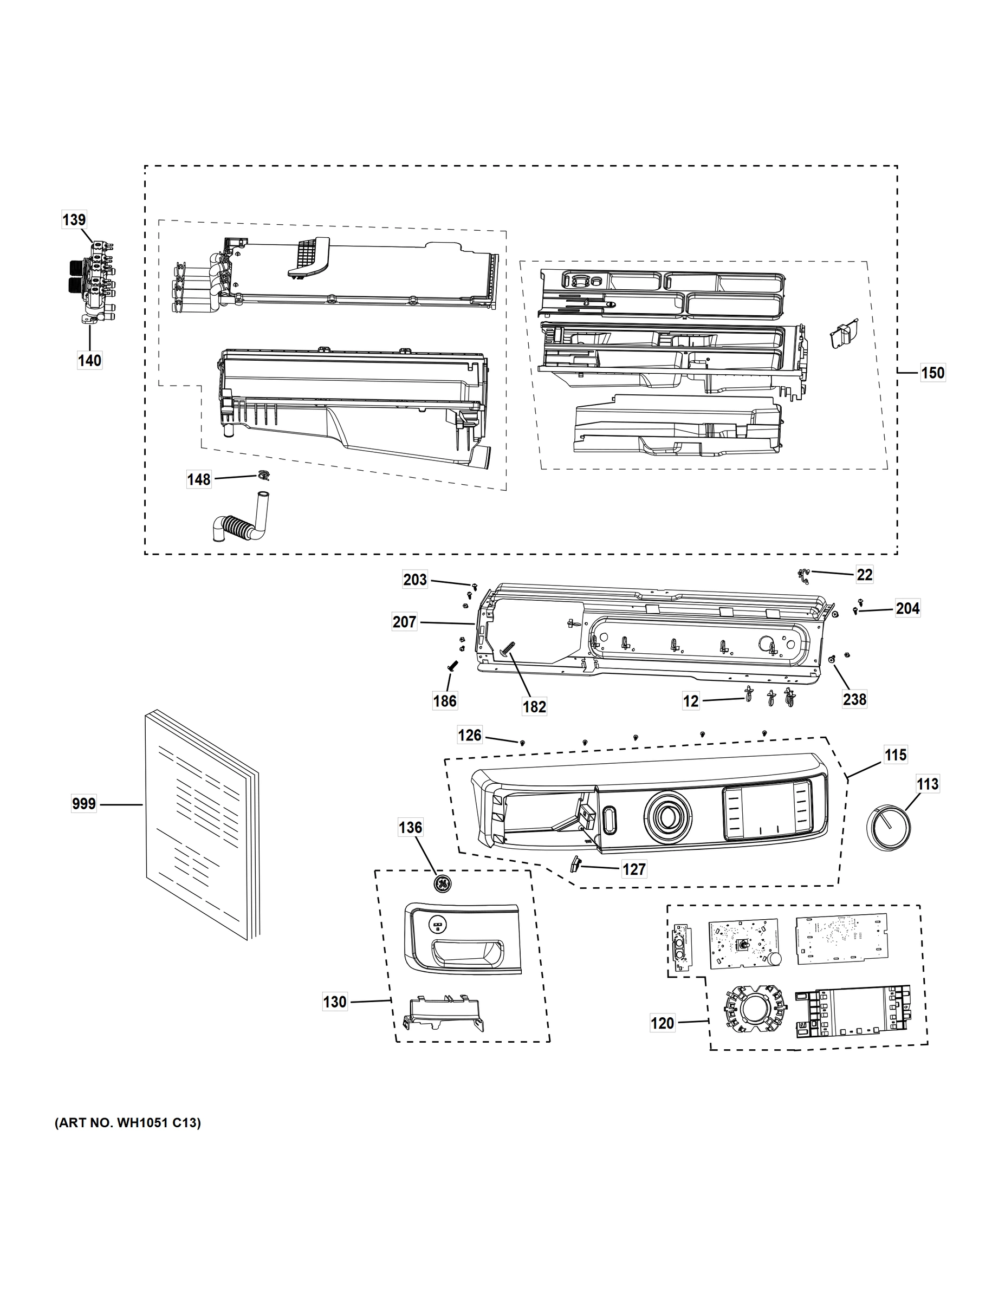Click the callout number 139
[74, 219]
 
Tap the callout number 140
[89, 360]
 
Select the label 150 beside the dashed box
[932, 373]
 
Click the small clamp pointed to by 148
[263, 474]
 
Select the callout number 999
[84, 804]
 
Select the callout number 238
[854, 699]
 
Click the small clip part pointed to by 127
[575, 863]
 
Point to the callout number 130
[335, 1002]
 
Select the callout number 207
[404, 622]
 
